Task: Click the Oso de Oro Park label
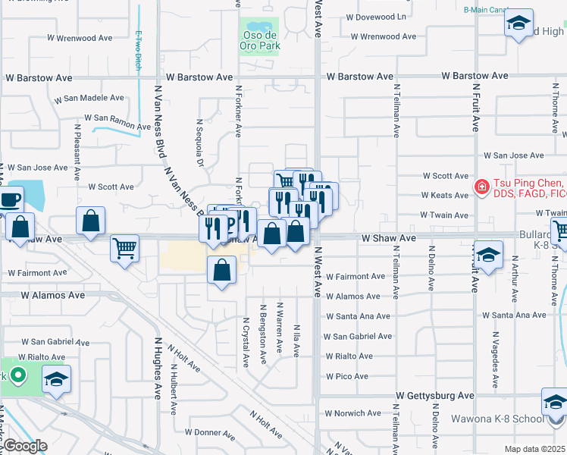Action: click(x=261, y=40)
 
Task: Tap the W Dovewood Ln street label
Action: click(x=377, y=16)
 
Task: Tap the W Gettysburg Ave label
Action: click(x=436, y=396)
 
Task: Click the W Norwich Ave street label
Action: click(x=352, y=413)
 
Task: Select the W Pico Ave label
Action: click(x=347, y=376)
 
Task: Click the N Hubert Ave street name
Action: click(x=174, y=392)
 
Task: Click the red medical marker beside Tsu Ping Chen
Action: click(x=481, y=187)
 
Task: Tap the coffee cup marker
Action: click(x=11, y=200)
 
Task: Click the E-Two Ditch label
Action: click(x=139, y=49)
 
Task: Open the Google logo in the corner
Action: click(x=25, y=446)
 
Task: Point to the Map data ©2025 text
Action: click(x=534, y=449)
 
